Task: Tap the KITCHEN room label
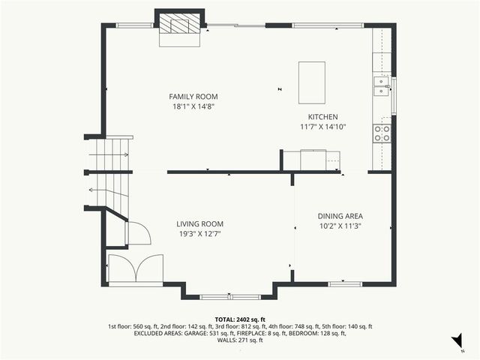tap(323, 117)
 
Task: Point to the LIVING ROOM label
tap(199, 223)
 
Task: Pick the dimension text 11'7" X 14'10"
tap(323, 127)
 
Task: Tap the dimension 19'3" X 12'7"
tap(199, 234)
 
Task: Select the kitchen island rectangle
tap(312, 82)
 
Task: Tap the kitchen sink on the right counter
tap(381, 91)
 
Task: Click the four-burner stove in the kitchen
tap(382, 133)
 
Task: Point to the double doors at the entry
tap(136, 268)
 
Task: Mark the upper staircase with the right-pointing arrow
tap(110, 155)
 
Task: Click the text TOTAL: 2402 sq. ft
tap(240, 319)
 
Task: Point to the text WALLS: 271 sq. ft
tap(240, 340)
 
